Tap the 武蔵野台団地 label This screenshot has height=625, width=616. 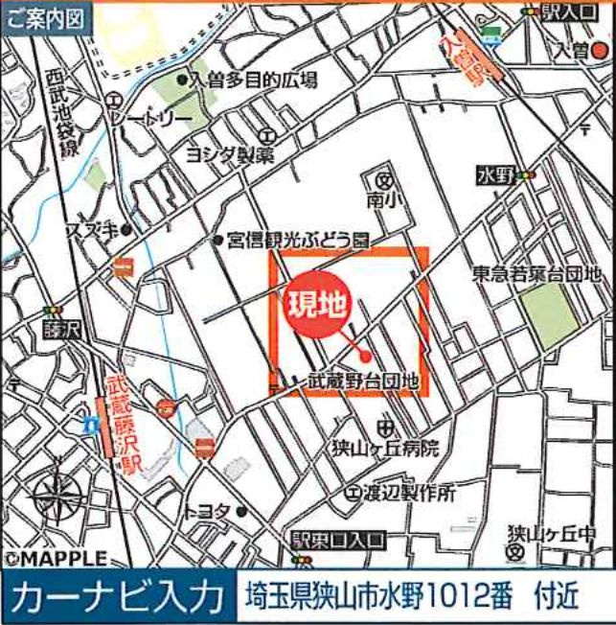(363, 382)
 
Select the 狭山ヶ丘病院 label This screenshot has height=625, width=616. (409, 447)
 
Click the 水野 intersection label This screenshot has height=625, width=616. (496, 175)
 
